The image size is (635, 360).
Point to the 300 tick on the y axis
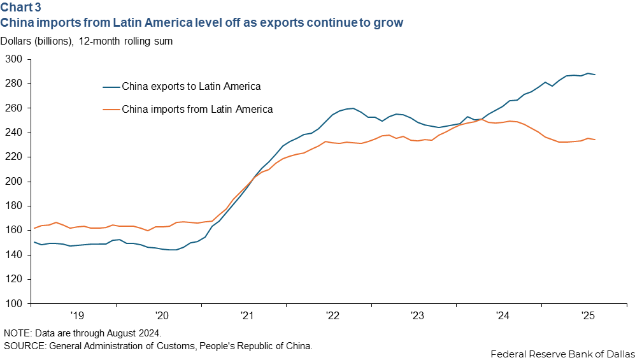pos(13,59)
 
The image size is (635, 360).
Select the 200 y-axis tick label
pos(13,182)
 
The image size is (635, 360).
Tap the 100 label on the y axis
pos(13,304)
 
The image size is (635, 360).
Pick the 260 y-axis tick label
pos(13,108)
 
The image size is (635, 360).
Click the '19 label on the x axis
pos(77,315)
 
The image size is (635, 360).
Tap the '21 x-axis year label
pos(247,315)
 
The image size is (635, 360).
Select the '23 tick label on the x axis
pos(417,315)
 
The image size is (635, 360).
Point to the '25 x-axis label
pos(587,315)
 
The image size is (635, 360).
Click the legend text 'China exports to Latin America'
pos(191,86)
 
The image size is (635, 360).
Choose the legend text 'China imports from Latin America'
pos(197,110)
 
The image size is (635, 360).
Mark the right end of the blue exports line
pos(595,75)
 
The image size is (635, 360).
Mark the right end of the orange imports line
pos(595,140)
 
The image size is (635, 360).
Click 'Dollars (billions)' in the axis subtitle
pos(37,41)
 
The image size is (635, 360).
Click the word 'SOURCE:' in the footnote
pos(23,345)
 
